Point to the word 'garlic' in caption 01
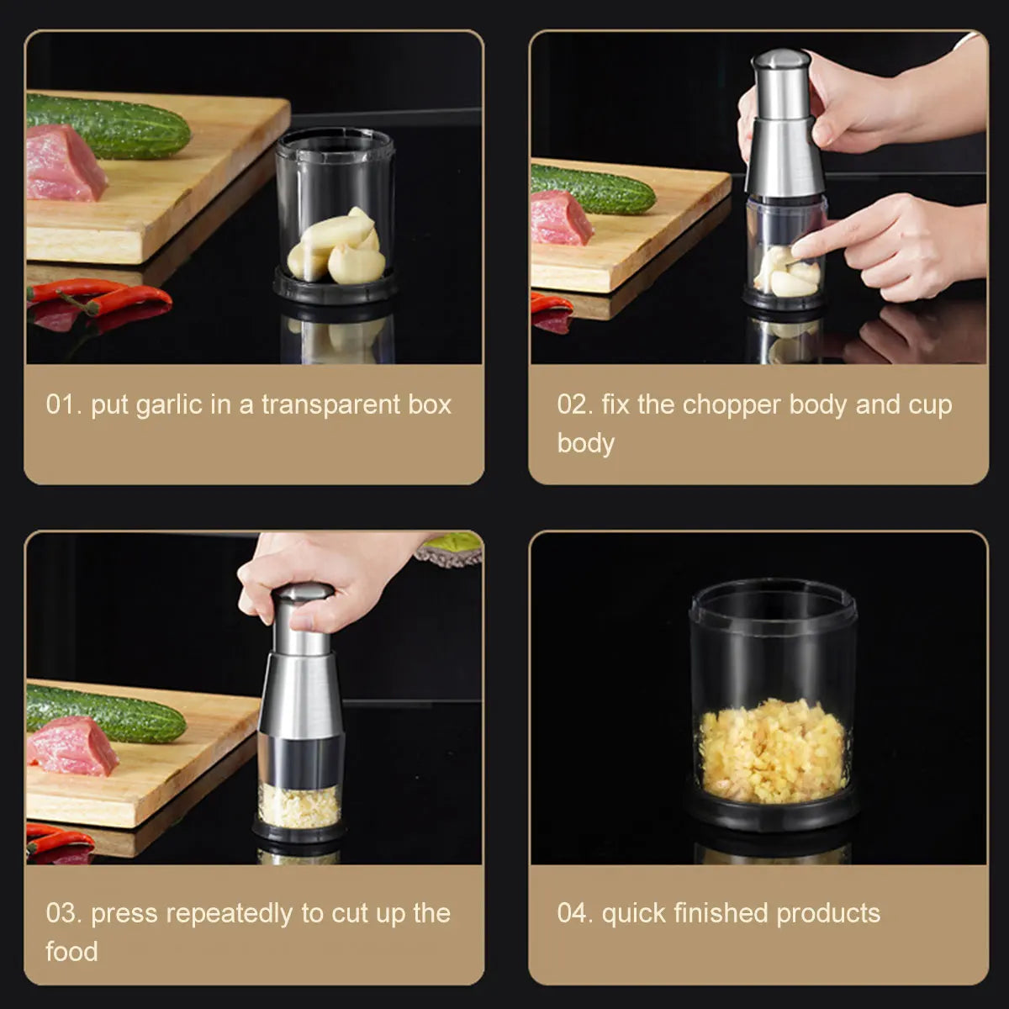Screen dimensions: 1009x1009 (169, 405)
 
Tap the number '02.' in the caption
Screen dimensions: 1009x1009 (575, 405)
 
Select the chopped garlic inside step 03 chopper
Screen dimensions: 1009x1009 (299, 805)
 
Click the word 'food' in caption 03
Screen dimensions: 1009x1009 (71, 952)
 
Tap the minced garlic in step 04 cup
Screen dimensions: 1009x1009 (772, 750)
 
